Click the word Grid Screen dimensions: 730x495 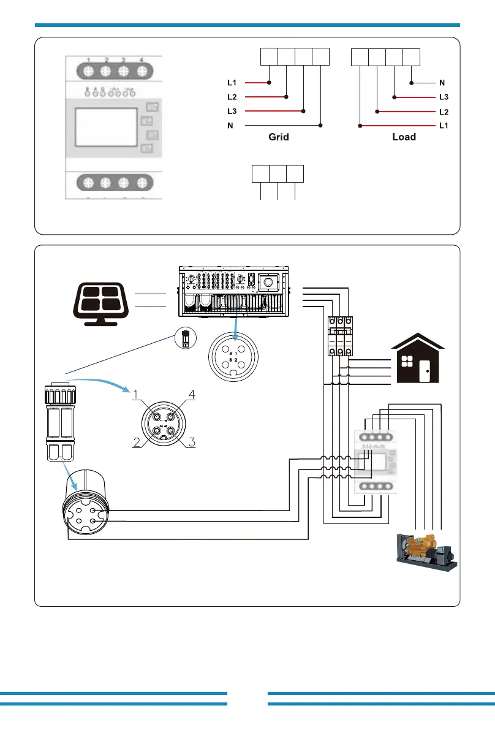pyautogui.click(x=278, y=137)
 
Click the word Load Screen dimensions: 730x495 pyautogui.click(x=404, y=137)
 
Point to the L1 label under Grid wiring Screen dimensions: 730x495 pyautogui.click(x=231, y=82)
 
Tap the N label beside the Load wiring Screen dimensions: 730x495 pyautogui.click(x=442, y=82)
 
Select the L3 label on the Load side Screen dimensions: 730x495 pyautogui.click(x=444, y=97)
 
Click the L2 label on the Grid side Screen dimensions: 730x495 pyautogui.click(x=231, y=97)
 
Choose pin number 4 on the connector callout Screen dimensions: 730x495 pyautogui.click(x=192, y=395)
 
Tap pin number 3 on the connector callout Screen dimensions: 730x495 pyautogui.click(x=192, y=443)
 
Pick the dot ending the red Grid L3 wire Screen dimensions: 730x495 pyautogui.click(x=304, y=111)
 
